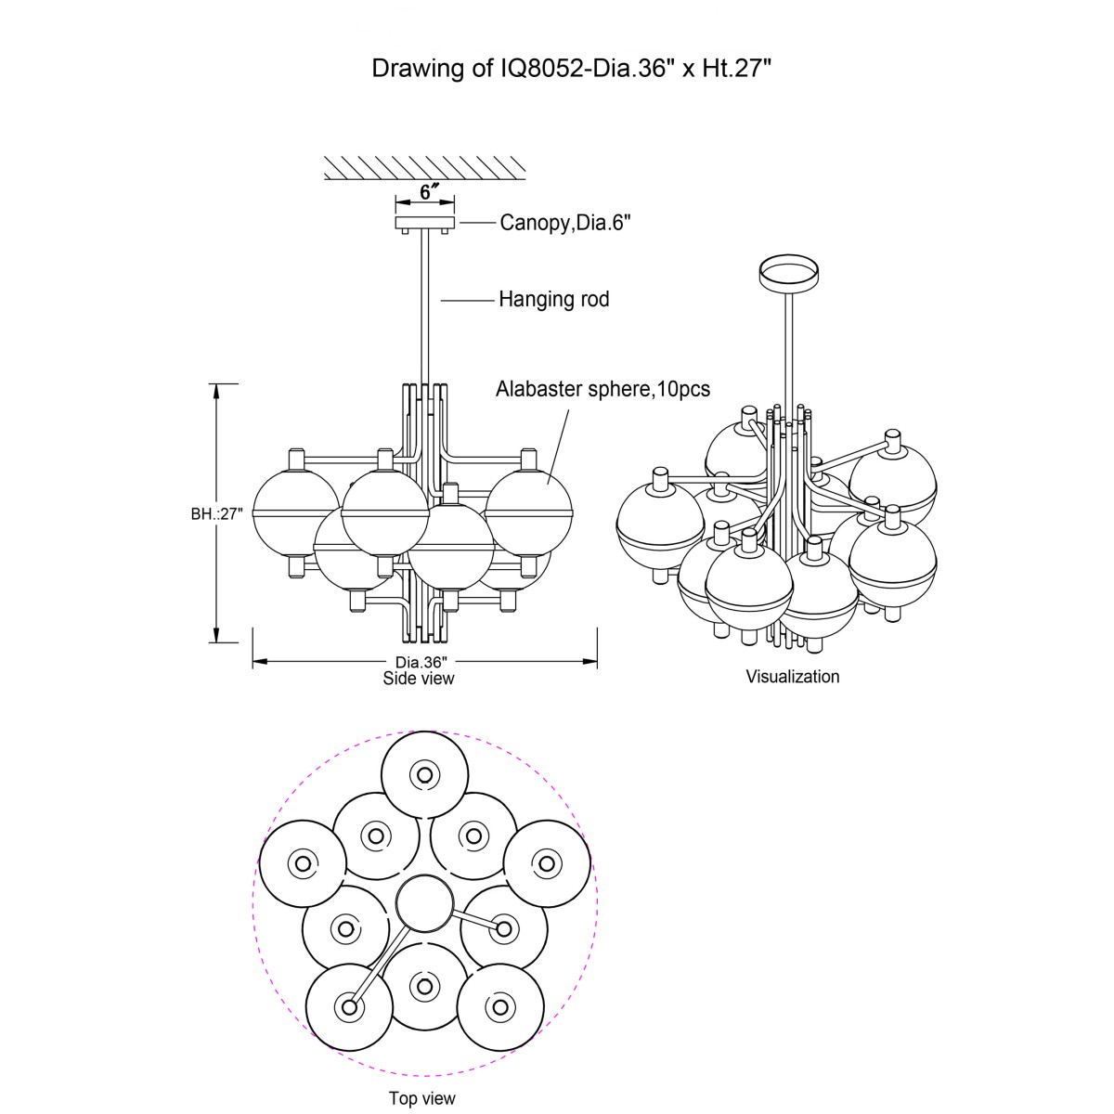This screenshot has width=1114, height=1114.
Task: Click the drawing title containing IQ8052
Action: (572, 69)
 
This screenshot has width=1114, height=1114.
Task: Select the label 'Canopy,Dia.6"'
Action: (566, 223)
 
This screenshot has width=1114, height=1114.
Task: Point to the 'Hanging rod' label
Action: (554, 299)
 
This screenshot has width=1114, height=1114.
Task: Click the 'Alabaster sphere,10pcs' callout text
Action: (602, 389)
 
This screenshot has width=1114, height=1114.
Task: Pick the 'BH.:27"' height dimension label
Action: (216, 513)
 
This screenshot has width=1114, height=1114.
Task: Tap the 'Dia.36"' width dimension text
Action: (421, 662)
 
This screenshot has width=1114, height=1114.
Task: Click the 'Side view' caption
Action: (419, 679)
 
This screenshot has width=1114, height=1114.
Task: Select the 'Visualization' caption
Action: (793, 677)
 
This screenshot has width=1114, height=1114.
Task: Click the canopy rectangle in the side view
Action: (425, 223)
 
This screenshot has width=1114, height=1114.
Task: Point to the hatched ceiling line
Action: (425, 167)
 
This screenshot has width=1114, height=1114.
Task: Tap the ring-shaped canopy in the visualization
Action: (788, 269)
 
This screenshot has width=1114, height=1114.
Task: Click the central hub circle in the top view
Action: (424, 903)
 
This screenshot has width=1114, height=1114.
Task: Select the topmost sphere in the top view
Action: (424, 773)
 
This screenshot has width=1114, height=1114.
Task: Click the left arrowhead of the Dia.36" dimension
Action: (257, 662)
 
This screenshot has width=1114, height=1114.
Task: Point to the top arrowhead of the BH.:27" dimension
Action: (217, 388)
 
